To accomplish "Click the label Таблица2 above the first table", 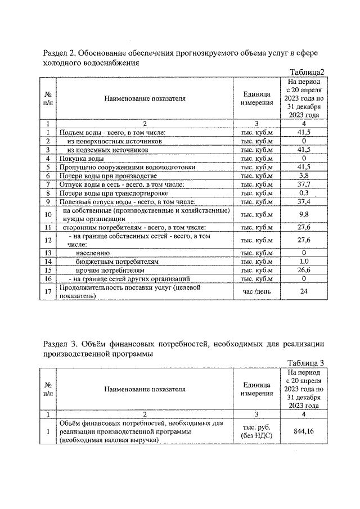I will click(x=307, y=72).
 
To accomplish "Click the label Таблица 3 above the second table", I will click(x=305, y=362).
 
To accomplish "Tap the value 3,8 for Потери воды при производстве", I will click(x=304, y=175).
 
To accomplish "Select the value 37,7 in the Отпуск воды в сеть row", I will click(x=304, y=184).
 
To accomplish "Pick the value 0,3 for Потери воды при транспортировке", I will click(x=304, y=192).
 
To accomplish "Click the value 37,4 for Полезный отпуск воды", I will click(x=304, y=201).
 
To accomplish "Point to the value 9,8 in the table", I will click(x=304, y=214).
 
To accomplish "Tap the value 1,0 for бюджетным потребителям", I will click(x=304, y=262).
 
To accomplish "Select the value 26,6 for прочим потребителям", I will click(x=304, y=270).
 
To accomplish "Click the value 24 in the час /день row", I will click(x=304, y=291).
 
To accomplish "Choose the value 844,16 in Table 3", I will click(x=304, y=432).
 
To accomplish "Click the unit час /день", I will click(x=256, y=291).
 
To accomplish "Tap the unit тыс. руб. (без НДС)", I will click(x=256, y=432).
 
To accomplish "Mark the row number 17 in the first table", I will click(x=48, y=291).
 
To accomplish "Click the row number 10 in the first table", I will click(x=48, y=214).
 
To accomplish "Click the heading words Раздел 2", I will click(x=59, y=53).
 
